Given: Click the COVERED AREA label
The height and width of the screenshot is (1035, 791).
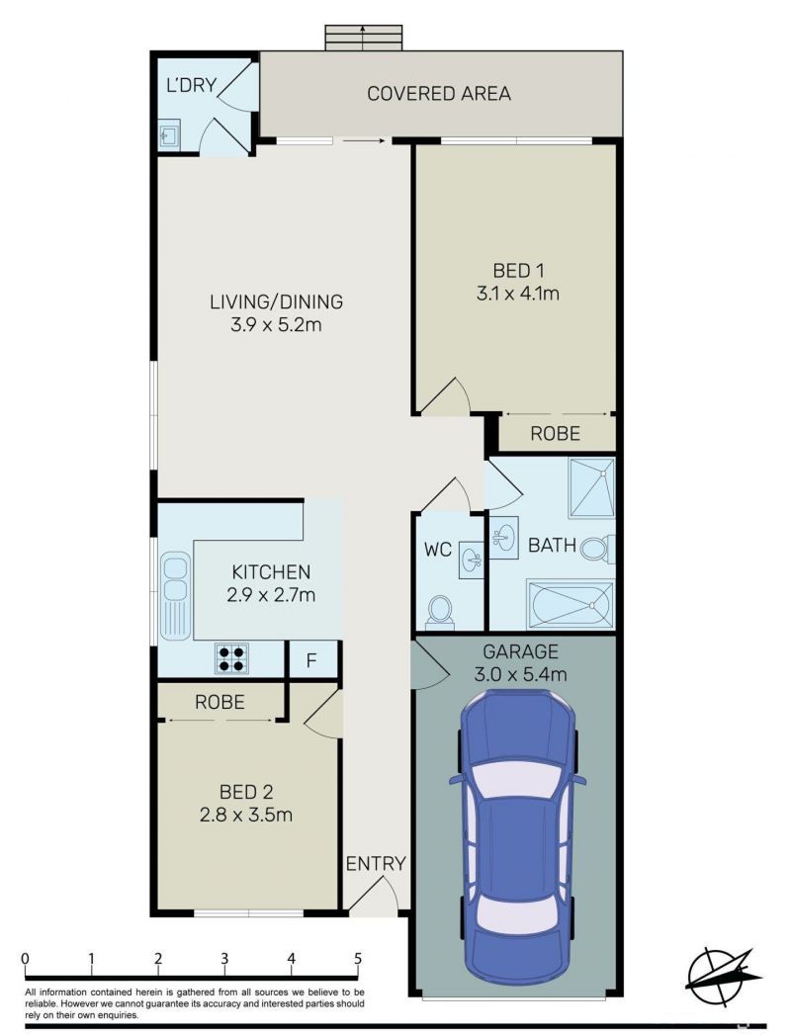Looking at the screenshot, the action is (x=438, y=94).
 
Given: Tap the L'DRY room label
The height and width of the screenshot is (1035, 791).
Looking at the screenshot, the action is (x=192, y=85).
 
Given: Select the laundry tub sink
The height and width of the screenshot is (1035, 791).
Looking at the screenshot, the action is (x=168, y=135).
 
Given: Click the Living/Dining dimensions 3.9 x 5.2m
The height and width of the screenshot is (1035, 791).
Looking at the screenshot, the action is (x=276, y=325).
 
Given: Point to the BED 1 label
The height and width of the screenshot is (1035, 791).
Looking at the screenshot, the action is (x=518, y=271).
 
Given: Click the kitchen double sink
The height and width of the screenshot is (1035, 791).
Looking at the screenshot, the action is (x=176, y=594).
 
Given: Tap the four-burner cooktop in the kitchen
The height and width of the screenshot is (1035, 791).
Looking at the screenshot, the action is (x=231, y=658).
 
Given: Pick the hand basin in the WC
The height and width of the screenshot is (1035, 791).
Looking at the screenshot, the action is (x=473, y=559).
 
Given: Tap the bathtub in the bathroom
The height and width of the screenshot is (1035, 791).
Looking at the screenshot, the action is (x=571, y=604).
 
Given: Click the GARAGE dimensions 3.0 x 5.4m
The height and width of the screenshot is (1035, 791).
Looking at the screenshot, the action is (x=520, y=674).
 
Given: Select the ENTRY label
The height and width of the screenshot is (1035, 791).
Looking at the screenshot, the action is (x=376, y=863).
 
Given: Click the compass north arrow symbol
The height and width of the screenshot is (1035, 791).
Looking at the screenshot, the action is (x=723, y=978).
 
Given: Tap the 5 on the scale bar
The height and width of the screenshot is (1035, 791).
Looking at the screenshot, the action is (x=358, y=958).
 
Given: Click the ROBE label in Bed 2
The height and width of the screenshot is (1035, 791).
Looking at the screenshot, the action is (x=220, y=702).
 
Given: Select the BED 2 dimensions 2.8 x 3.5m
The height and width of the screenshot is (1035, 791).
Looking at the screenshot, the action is (x=246, y=815).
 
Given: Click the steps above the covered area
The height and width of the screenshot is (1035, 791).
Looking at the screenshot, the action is (x=363, y=39).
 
